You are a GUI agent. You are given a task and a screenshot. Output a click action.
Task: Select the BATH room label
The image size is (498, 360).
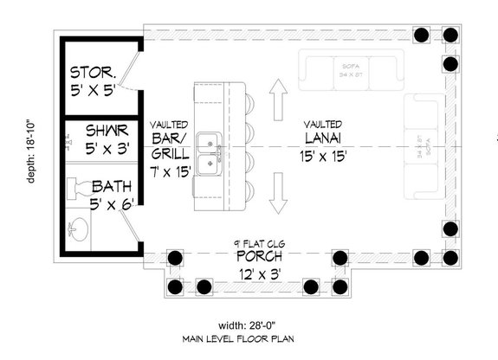coord(113,185)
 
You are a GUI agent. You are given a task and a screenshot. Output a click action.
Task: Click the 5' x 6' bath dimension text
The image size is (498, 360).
coord(113,204)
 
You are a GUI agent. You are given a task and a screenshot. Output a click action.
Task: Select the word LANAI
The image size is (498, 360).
coord(323,138)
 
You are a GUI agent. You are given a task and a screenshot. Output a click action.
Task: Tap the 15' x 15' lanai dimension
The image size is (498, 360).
coord(323,157)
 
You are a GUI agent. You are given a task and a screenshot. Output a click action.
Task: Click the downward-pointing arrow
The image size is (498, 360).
coord(278,192)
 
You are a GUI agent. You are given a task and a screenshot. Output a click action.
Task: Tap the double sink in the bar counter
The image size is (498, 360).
coord(207,153)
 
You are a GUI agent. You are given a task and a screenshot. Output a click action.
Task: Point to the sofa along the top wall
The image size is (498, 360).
coord(351,70)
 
